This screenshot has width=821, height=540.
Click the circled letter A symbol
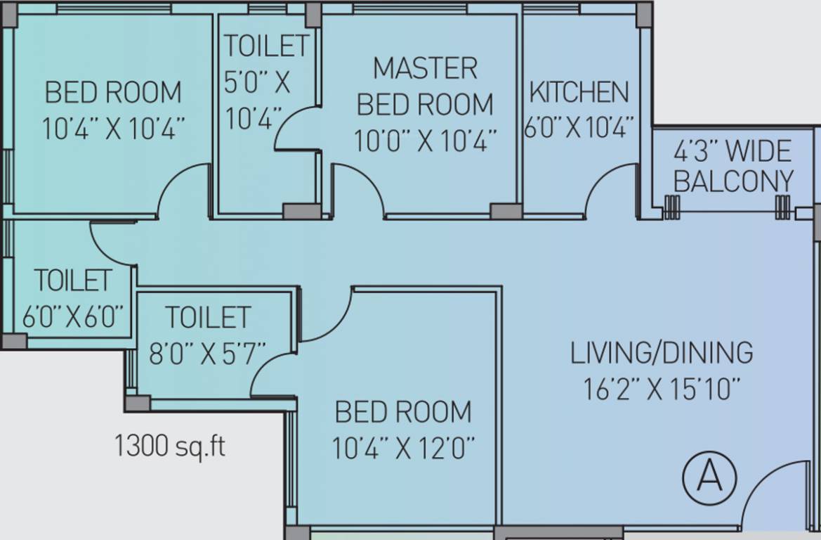click(709, 477)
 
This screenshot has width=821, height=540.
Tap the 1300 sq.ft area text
click(170, 446)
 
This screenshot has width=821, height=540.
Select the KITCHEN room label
click(579, 92)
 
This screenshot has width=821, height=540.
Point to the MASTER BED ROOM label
click(425, 86)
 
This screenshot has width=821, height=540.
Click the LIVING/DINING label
click(662, 353)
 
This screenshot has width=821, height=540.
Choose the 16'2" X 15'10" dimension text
click(662, 389)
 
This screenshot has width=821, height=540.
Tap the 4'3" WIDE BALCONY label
click(733, 167)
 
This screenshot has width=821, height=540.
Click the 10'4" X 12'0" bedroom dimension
click(403, 449)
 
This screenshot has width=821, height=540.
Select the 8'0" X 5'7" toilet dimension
click(207, 354)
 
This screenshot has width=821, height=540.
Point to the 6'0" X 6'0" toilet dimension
click(73, 316)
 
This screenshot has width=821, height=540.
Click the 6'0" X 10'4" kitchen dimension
click(579, 127)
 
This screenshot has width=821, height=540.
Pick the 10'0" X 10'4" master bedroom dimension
click(425, 141)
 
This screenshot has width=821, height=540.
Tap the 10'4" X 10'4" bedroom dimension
click(113, 128)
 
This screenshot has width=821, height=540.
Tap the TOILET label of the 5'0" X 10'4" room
click(267, 46)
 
